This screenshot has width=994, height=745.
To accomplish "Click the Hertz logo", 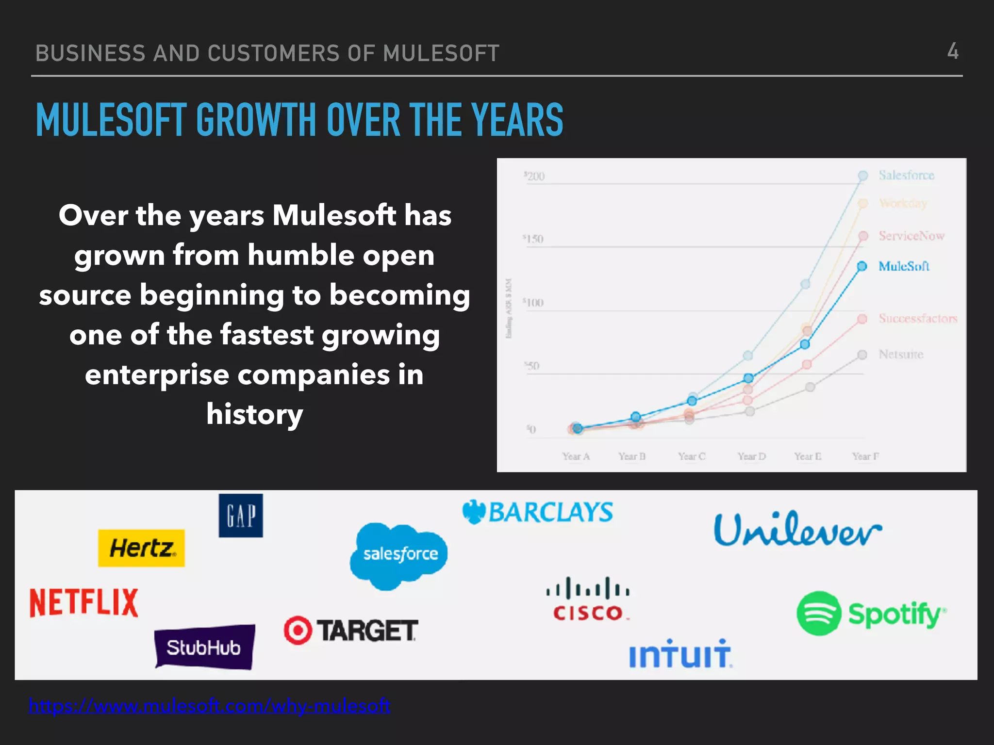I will tap(141, 548).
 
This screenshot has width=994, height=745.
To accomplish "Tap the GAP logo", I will tap(241, 515).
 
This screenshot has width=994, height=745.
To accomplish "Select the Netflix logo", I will tap(84, 602).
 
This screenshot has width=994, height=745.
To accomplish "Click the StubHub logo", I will tap(204, 647).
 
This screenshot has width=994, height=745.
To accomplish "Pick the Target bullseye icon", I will tap(298, 630).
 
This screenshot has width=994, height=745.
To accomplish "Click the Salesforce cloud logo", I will tap(399, 555).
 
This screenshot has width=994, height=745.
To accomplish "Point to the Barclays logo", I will tap(538, 513).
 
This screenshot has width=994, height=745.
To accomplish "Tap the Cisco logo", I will tap(588, 599).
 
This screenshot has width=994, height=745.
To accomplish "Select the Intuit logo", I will tap(680, 654).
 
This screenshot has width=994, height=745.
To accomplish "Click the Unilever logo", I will tap(797, 530).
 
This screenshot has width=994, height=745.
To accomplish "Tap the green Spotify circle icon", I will tap(819, 614).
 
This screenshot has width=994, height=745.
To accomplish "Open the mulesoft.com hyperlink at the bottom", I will tap(209, 706).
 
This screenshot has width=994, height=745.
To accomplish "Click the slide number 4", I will tap(953, 51).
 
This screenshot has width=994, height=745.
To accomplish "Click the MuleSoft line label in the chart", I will tap(904, 266).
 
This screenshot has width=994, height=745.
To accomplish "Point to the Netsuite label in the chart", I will tap(901, 355).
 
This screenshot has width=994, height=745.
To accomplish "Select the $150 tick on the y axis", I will tap(533, 239).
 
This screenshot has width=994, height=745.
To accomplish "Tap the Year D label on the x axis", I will tap(751, 456).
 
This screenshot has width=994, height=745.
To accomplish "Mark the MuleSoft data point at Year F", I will tap(862, 266).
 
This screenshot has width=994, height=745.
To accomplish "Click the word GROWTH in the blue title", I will tap(256, 120).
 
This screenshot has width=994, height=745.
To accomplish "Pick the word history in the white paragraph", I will tap(255, 414).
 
